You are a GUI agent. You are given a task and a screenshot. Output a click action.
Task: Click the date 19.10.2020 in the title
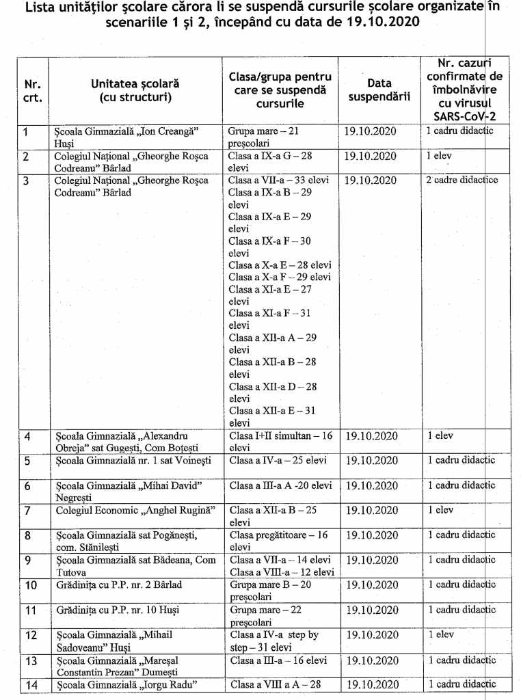383,21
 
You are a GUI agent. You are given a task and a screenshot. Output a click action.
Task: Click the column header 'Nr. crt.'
32,91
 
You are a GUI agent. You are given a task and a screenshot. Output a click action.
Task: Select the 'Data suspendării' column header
379,90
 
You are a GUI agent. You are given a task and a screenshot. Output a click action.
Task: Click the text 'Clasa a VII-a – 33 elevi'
279,180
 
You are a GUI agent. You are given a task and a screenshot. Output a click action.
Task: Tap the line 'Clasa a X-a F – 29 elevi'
280,277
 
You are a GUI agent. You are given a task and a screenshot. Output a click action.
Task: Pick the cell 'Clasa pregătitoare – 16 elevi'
279,541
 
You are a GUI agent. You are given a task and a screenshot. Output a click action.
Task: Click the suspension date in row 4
371,435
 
